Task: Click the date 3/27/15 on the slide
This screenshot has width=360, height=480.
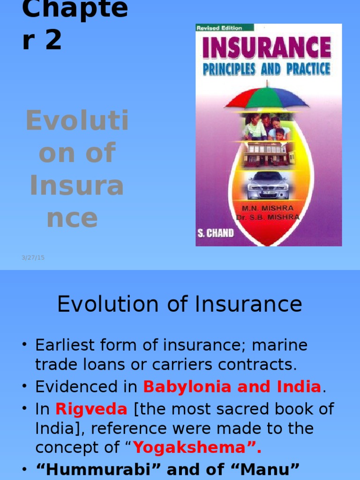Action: point(33,257)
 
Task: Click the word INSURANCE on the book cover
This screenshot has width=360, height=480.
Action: point(267,48)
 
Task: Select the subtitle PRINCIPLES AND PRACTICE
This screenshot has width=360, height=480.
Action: point(267,69)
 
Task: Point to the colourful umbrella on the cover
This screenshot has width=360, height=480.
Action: point(267,97)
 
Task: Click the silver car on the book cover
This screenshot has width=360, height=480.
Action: point(268,186)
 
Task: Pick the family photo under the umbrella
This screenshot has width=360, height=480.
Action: point(266,127)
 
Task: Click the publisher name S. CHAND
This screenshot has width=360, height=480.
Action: point(215,233)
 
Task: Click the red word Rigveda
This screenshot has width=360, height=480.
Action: point(91,409)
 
